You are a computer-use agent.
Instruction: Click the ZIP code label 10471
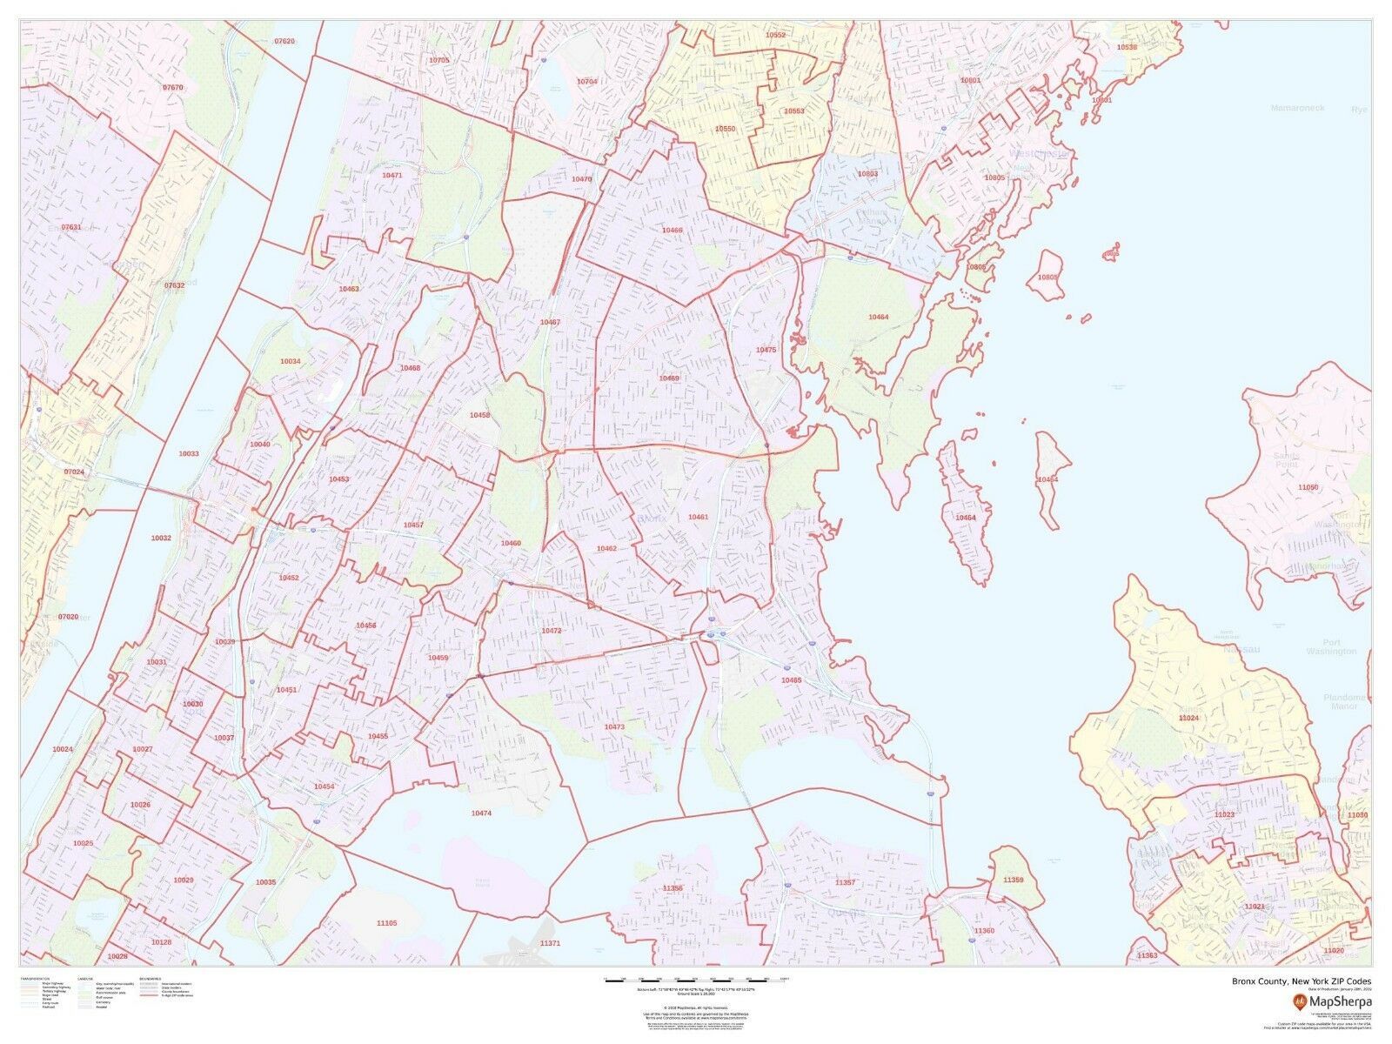click(x=391, y=176)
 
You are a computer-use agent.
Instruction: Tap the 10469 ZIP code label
click(x=669, y=378)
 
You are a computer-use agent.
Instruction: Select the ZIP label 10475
click(x=766, y=349)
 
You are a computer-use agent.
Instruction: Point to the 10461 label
click(x=698, y=517)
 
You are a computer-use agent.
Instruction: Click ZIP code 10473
click(x=614, y=726)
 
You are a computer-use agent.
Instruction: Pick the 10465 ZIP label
click(x=791, y=679)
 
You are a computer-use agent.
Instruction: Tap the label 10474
click(x=481, y=813)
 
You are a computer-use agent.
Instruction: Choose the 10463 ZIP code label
click(x=350, y=288)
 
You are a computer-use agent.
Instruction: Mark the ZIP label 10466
click(x=672, y=230)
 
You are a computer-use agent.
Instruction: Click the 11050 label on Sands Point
click(x=1308, y=487)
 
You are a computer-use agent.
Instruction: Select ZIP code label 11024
click(x=1188, y=718)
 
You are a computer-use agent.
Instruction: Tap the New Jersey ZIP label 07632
click(x=175, y=284)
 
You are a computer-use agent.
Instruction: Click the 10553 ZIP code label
click(x=793, y=111)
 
